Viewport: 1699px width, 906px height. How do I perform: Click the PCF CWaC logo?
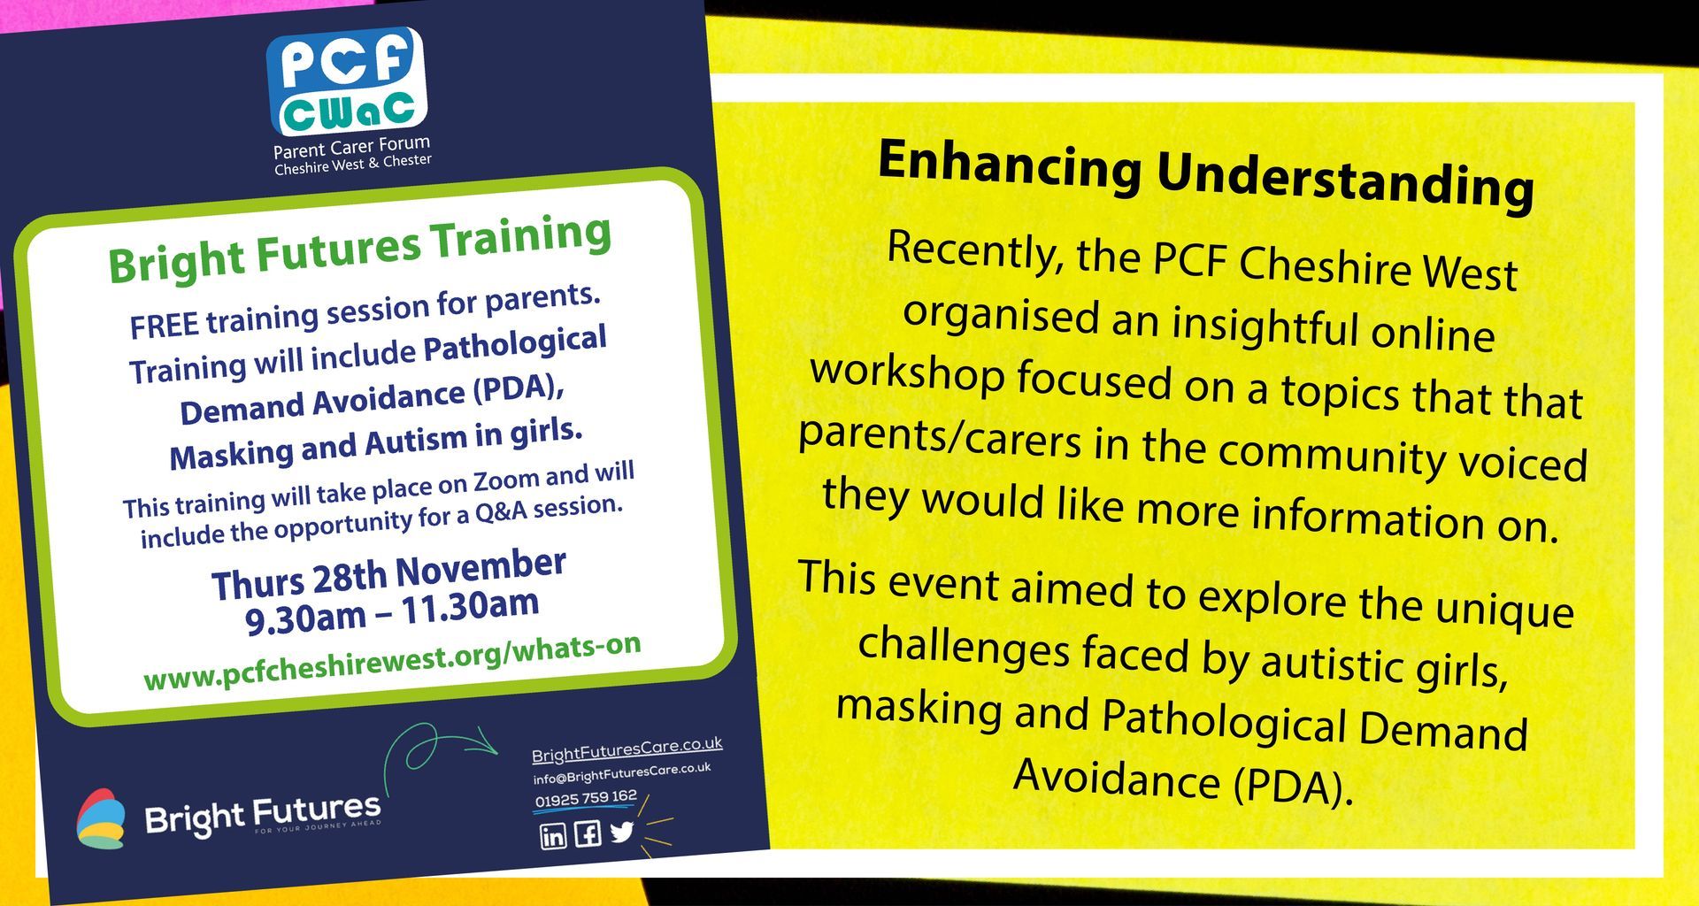[347, 81]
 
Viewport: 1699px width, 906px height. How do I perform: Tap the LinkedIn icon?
[553, 835]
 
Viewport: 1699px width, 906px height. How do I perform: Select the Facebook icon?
[588, 833]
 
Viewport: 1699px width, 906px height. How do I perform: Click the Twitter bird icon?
[622, 831]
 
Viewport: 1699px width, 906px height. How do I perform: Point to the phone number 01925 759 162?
[586, 798]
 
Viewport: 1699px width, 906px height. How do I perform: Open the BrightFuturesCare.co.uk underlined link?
[627, 749]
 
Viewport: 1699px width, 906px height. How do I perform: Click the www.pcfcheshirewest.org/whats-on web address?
[392, 662]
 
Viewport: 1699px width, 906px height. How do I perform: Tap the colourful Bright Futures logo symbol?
[99, 819]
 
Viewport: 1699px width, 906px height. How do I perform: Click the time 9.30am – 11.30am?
[392, 611]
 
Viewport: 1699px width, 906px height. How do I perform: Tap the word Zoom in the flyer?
[506, 482]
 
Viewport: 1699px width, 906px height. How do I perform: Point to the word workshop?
[908, 372]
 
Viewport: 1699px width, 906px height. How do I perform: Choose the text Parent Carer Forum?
[351, 148]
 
